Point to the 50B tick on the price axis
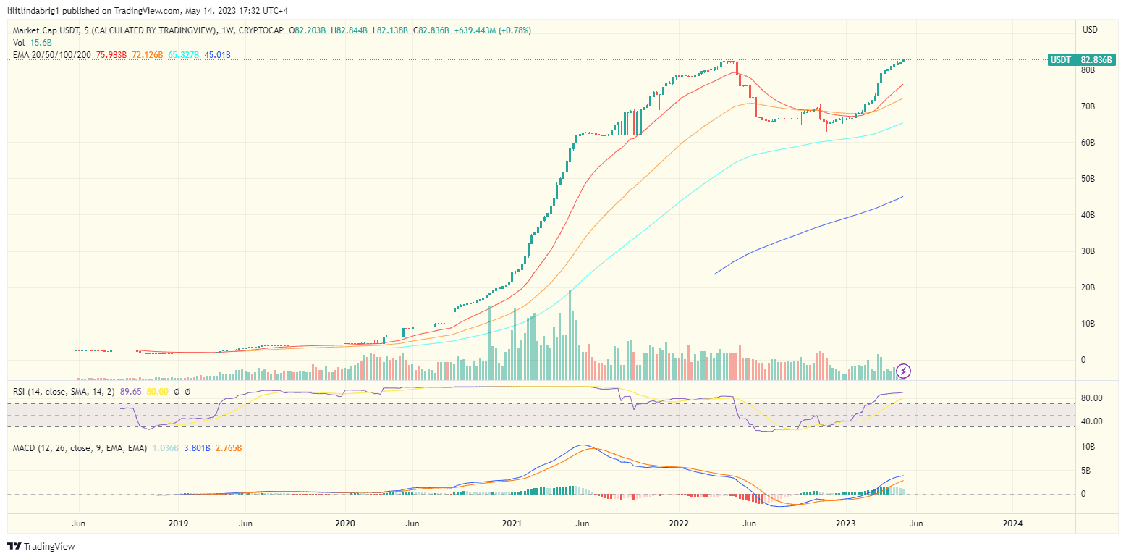1087,179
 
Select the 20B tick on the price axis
1087,287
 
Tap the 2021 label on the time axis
512,523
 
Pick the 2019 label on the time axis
178,523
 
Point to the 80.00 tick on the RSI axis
1091,398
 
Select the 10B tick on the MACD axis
1087,447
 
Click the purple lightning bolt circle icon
904,371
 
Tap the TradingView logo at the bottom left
41,546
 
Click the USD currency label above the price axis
1090,30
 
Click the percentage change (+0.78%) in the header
514,30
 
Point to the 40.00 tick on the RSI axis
1091,421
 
